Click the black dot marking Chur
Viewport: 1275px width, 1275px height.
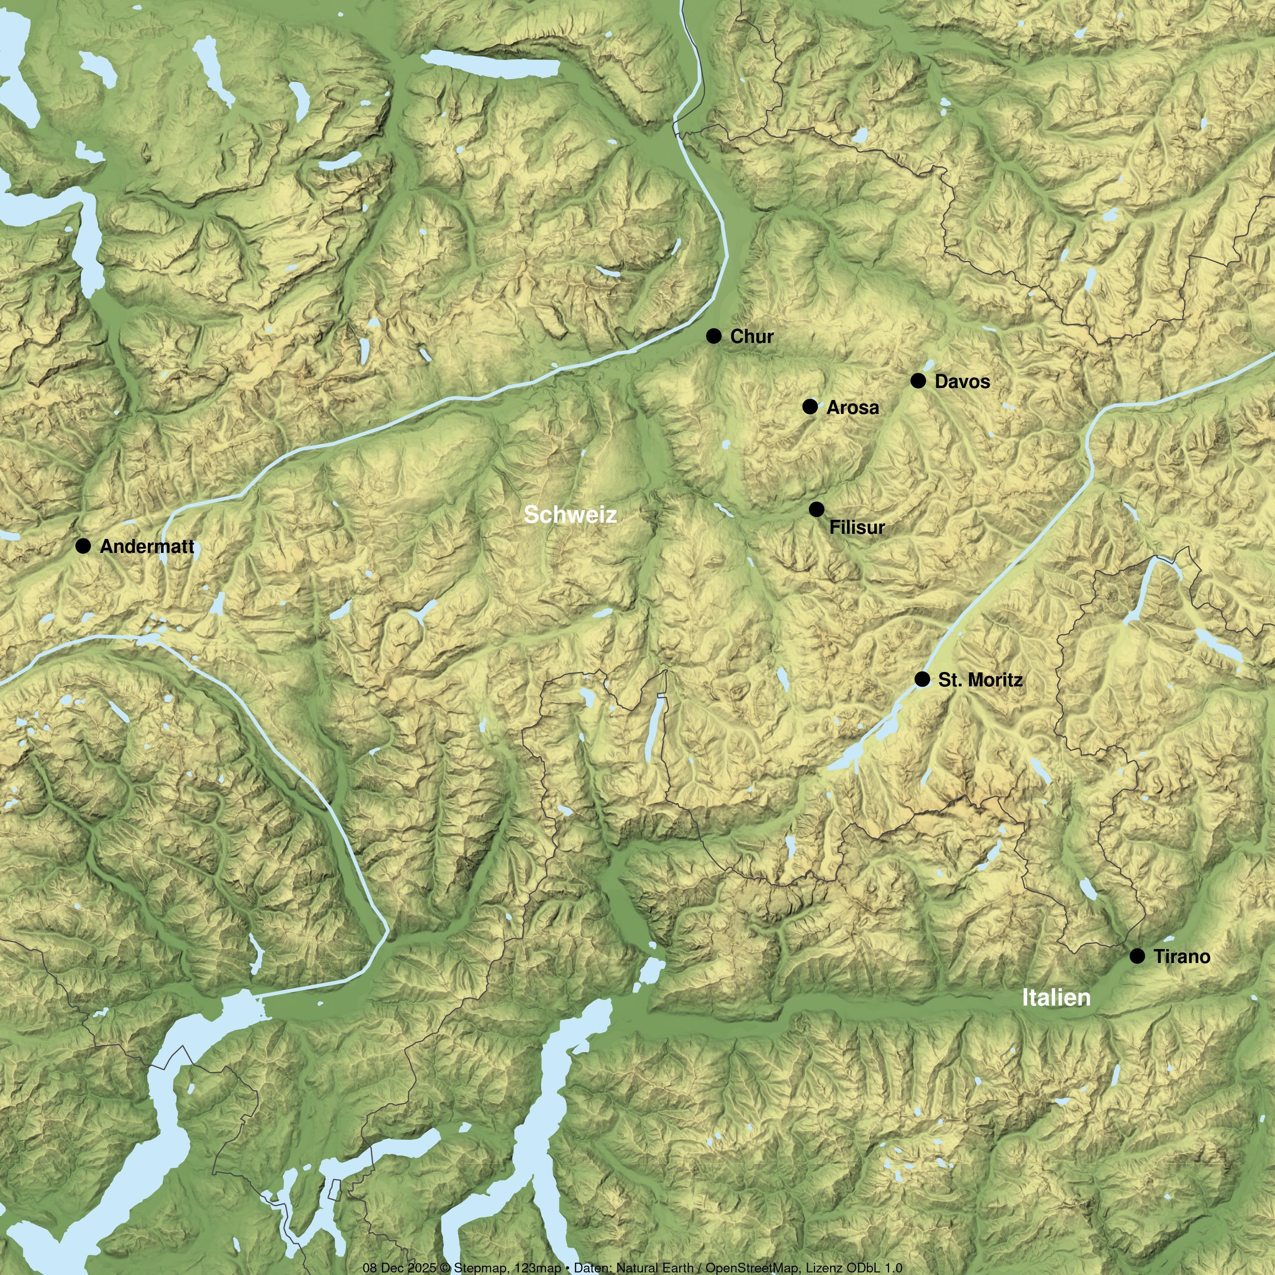[x=714, y=336]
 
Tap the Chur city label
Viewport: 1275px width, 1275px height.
[x=752, y=337]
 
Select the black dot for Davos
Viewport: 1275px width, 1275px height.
[x=918, y=381]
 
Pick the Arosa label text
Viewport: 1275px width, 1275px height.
[x=853, y=408]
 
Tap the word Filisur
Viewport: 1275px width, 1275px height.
[x=857, y=528]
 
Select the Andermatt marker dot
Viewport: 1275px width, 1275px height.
[x=83, y=546]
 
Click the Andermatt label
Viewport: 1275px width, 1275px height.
[x=147, y=547]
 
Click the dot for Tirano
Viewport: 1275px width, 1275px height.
[x=1137, y=955]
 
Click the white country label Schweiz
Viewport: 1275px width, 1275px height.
[x=570, y=515]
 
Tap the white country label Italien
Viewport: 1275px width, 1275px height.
[x=1056, y=997]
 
